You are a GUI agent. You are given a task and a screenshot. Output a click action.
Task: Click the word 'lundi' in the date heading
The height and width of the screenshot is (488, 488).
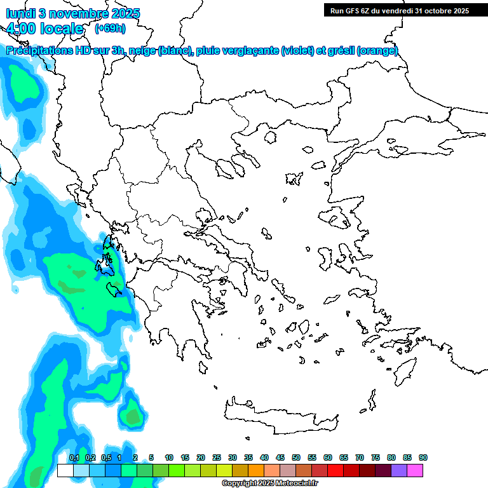tap(20, 13)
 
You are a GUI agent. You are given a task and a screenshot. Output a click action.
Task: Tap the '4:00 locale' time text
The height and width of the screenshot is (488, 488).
tap(45, 29)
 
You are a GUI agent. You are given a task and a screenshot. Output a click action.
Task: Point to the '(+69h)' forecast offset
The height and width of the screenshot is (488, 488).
tap(110, 28)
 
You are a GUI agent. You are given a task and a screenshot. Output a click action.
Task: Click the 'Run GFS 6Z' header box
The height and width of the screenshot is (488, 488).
tap(399, 10)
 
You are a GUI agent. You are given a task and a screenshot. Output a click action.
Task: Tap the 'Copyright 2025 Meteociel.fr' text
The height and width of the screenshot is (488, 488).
tap(269, 484)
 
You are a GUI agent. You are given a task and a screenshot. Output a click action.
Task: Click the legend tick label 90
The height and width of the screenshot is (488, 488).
tap(423, 457)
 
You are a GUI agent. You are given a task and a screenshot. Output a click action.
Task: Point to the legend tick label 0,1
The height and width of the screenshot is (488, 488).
tap(74, 457)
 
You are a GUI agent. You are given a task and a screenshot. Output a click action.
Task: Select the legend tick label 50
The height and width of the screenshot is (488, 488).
tap(296, 457)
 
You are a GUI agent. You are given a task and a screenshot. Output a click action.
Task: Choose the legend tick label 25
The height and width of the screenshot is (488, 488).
tap(217, 457)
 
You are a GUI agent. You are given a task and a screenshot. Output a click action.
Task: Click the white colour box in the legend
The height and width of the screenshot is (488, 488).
tap(65, 470)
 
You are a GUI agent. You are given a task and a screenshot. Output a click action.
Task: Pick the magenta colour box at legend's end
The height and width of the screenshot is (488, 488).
tap(415, 470)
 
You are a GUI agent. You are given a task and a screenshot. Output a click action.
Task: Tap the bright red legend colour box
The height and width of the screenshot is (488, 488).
tap(335, 470)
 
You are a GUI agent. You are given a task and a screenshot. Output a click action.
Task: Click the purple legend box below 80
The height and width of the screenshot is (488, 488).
tap(399, 470)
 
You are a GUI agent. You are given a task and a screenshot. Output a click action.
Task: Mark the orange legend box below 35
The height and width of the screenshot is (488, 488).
tap(256, 470)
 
